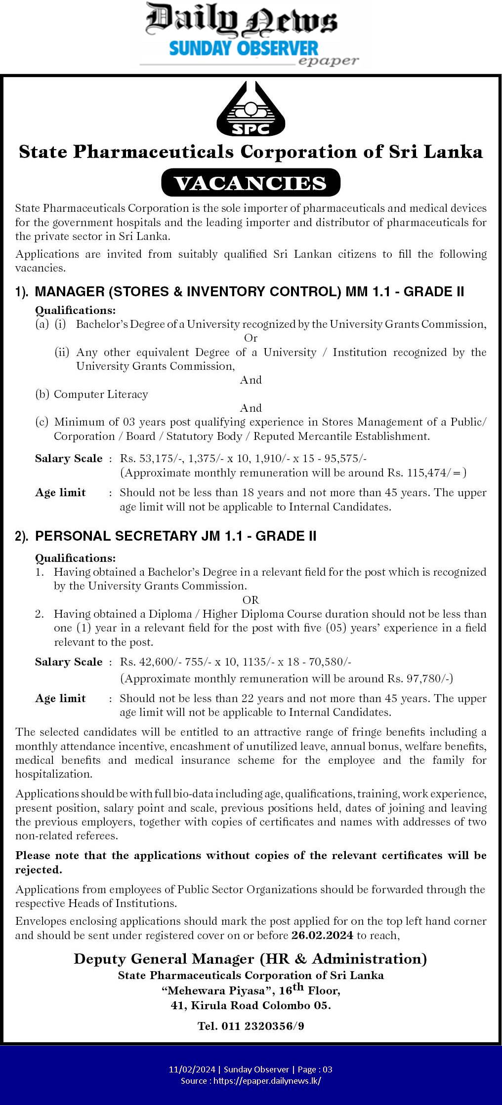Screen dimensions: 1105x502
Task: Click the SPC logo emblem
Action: click(251, 110)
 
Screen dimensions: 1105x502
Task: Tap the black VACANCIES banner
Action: click(251, 183)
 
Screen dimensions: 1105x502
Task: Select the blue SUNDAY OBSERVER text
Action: click(244, 48)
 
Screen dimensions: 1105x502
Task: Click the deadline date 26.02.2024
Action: click(322, 935)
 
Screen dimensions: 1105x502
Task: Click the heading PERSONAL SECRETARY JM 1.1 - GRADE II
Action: click(175, 536)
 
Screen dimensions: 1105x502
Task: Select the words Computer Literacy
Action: click(101, 394)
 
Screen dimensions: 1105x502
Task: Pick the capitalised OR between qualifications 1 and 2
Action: click(251, 600)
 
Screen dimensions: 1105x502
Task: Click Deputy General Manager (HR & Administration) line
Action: click(251, 959)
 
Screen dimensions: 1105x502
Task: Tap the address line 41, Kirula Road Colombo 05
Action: click(251, 1005)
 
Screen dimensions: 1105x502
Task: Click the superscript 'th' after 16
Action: click(298, 987)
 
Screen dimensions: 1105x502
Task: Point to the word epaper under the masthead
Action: click(328, 61)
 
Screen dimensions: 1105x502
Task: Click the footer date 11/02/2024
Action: click(192, 1069)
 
